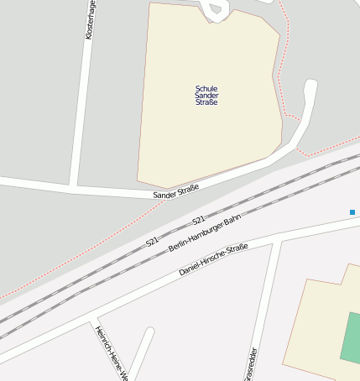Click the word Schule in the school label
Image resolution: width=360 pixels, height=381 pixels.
click(x=206, y=88)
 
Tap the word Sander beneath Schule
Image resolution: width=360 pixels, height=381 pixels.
click(x=206, y=96)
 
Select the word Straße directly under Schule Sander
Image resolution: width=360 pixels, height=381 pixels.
click(x=206, y=103)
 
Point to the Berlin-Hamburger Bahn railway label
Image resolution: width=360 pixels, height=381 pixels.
click(x=205, y=233)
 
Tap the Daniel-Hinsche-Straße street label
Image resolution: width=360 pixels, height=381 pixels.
click(x=214, y=260)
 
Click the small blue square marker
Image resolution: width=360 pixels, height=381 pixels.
click(x=352, y=212)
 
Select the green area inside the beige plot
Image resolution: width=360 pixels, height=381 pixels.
click(x=352, y=336)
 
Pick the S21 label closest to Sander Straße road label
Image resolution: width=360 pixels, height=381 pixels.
click(x=199, y=220)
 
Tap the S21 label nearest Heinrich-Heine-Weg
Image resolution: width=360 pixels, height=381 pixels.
click(x=152, y=241)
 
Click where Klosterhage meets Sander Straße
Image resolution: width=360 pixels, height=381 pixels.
click(x=74, y=185)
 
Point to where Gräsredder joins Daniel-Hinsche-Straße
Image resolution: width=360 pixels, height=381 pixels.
click(x=274, y=243)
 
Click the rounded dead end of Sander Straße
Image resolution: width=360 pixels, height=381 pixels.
click(x=310, y=86)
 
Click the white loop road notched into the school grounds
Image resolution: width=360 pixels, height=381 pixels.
click(x=215, y=10)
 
